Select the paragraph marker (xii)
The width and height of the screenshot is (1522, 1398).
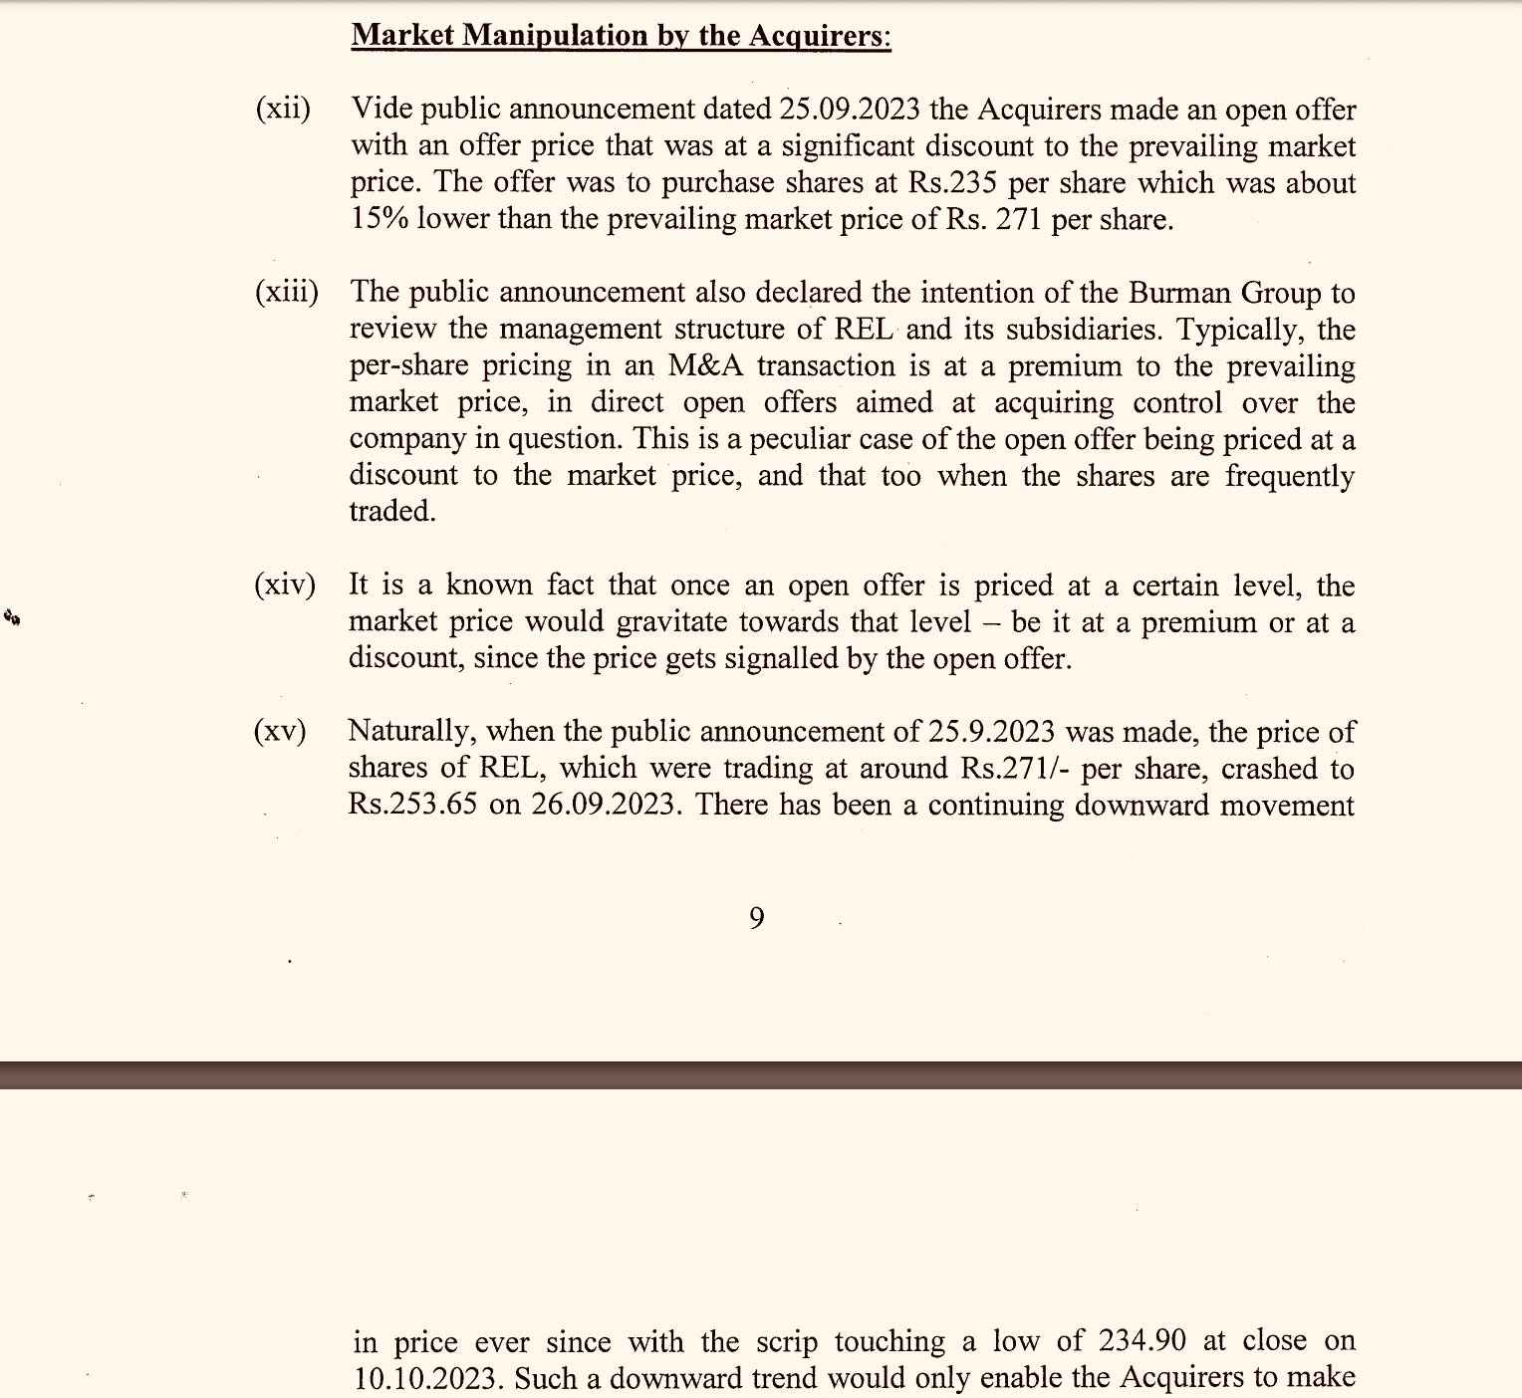pyautogui.click(x=283, y=109)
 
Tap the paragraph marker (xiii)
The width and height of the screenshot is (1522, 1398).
pyautogui.click(x=286, y=292)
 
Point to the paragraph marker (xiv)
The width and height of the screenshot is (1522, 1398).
pyautogui.click(x=284, y=584)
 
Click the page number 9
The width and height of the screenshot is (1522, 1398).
pyautogui.click(x=757, y=918)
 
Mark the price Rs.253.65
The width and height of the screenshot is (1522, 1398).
pyautogui.click(x=413, y=806)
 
